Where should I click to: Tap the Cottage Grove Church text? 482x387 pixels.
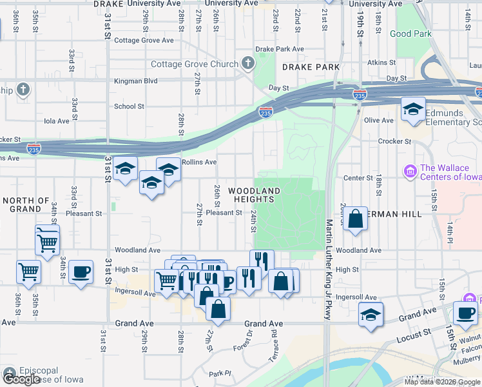click(x=195, y=64)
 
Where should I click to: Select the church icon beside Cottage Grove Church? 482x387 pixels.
click(x=248, y=63)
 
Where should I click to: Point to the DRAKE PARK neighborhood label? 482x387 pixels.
click(x=304, y=67)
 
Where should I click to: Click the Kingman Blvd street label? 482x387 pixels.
click(x=135, y=81)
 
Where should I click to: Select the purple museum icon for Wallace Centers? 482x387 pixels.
click(x=409, y=172)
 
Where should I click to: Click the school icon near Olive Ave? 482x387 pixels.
click(x=413, y=109)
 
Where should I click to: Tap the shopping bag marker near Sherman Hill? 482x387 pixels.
click(x=355, y=220)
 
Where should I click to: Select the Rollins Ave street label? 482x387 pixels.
click(x=199, y=163)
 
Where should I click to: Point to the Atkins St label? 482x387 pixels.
click(x=381, y=63)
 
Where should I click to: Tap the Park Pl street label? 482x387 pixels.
click(x=219, y=373)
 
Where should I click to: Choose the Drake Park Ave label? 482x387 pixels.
click(x=280, y=49)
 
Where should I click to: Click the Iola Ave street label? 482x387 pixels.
click(x=56, y=121)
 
